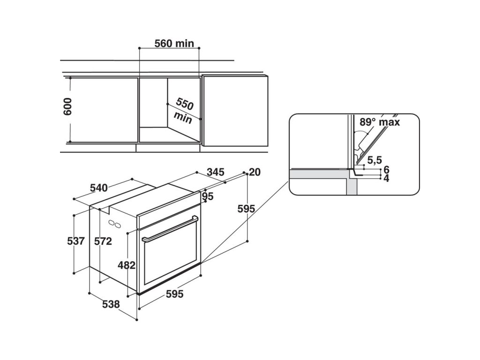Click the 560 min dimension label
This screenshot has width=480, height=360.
174,44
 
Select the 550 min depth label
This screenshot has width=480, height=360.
184,111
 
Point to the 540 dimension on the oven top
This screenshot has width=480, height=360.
98,188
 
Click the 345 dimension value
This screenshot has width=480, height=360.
215,172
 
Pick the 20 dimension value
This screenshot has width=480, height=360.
255,172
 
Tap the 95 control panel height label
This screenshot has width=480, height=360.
208,196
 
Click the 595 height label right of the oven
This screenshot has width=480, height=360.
246,209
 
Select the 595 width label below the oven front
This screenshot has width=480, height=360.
174,294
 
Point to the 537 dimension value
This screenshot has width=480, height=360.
75,241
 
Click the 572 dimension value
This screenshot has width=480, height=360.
103,241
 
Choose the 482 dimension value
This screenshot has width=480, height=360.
126,265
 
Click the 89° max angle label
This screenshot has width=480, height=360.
380,122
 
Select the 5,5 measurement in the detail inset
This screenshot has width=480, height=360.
374,160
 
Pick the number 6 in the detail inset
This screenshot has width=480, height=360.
386,169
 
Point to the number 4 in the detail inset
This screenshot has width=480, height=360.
386,178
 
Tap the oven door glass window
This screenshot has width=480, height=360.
171,262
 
